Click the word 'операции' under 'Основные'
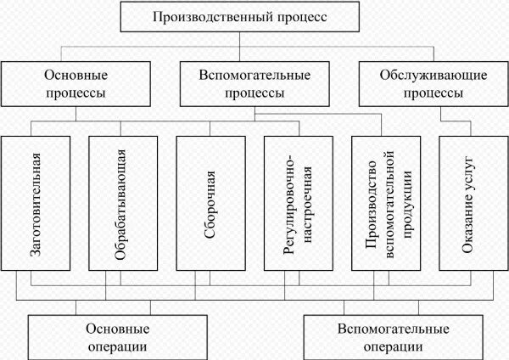coord(118,346)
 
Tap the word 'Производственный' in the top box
coord(212,16)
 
